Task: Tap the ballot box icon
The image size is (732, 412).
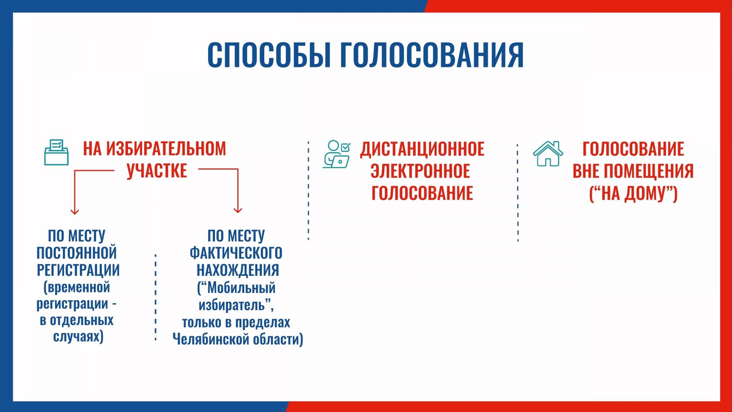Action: tap(56, 152)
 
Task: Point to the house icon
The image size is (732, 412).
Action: tap(548, 154)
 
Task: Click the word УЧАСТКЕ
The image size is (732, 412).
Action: tap(157, 171)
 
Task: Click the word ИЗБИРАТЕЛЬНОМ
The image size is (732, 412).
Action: tap(166, 149)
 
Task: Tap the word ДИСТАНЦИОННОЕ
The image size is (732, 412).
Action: tap(422, 149)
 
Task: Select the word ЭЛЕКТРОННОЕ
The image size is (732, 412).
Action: tap(420, 171)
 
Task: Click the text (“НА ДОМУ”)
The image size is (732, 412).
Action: tap(633, 193)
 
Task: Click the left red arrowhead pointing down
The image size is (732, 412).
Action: tap(75, 211)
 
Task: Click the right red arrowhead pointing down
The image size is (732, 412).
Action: tap(238, 209)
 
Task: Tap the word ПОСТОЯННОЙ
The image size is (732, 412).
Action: tap(77, 253)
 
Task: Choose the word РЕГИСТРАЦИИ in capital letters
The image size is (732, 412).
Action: tap(78, 270)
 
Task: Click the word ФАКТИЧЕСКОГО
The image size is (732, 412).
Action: tap(236, 253)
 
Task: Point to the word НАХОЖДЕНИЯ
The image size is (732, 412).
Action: tap(238, 270)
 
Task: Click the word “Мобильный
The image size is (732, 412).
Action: tap(236, 288)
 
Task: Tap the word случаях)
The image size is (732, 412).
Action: tap(78, 337)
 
